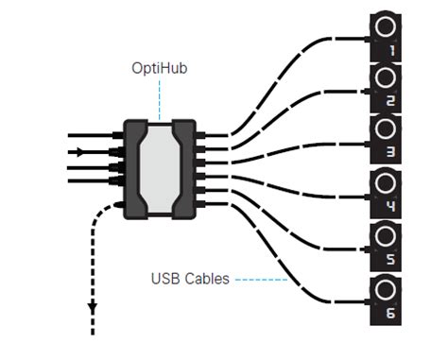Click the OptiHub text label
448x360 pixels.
pos(159,69)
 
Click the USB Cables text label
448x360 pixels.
pos(190,279)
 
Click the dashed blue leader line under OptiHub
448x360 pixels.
pos(159,99)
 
